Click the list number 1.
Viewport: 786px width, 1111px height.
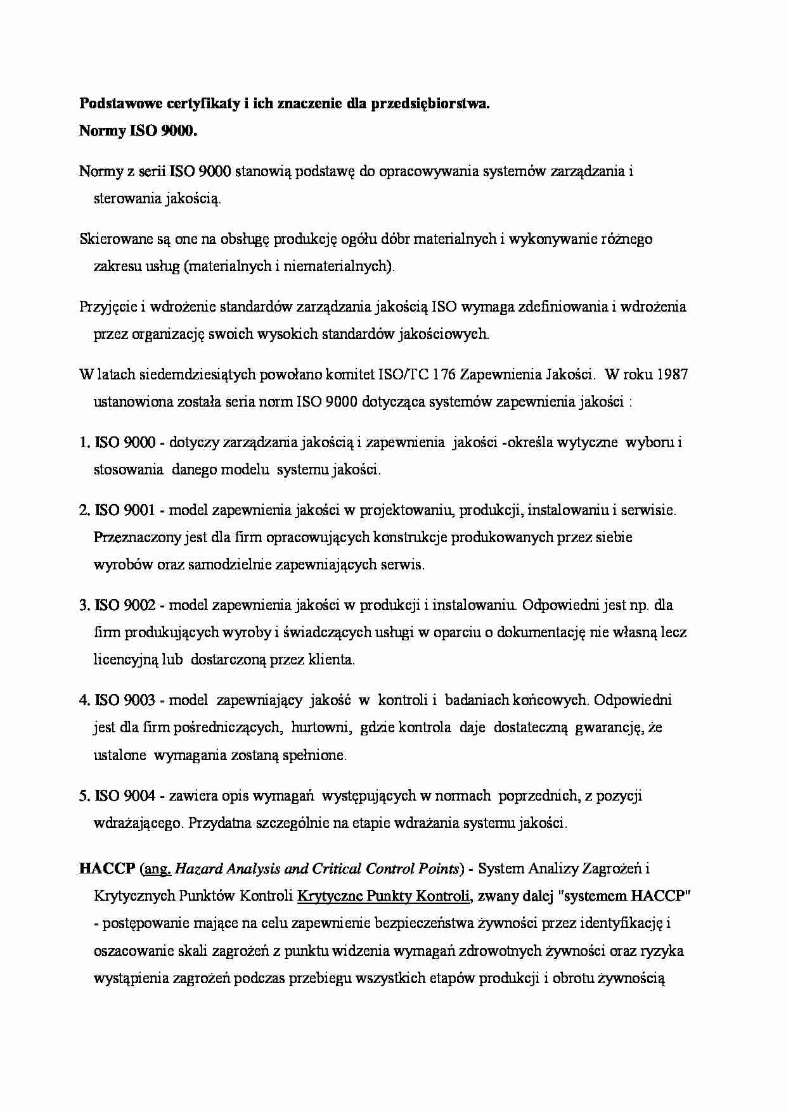(84, 443)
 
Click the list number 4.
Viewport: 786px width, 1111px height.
(84, 700)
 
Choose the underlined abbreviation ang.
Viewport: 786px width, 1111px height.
(158, 869)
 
